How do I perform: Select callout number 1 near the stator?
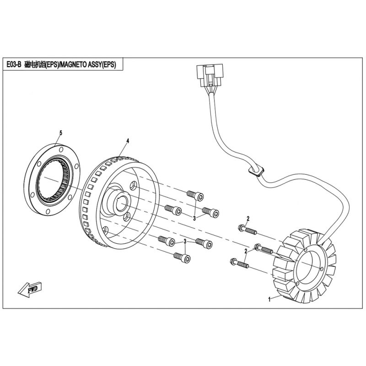click(269, 299)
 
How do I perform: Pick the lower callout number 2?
click(246, 251)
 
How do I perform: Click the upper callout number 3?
click(194, 218)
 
